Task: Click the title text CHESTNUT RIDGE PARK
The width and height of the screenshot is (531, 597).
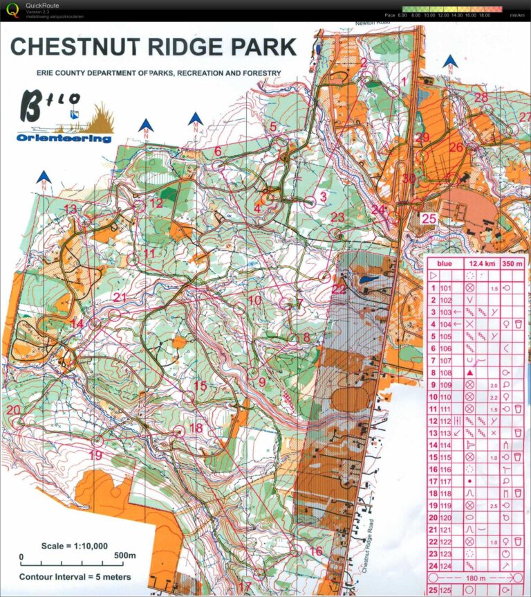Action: pyautogui.click(x=153, y=47)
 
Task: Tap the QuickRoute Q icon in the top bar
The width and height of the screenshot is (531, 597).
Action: pyautogui.click(x=11, y=10)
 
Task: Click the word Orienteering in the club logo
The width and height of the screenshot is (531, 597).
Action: pyautogui.click(x=64, y=138)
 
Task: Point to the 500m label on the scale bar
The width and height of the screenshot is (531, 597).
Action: pyautogui.click(x=125, y=555)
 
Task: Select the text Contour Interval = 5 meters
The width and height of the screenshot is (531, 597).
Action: pyautogui.click(x=75, y=576)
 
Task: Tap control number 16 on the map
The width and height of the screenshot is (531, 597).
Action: pyautogui.click(x=315, y=551)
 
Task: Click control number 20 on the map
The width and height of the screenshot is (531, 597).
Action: pyautogui.click(x=13, y=410)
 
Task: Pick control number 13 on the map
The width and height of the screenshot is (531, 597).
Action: pyautogui.click(x=70, y=209)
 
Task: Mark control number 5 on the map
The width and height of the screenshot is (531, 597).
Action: pyautogui.click(x=273, y=126)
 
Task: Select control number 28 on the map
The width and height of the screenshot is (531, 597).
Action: pyautogui.click(x=481, y=97)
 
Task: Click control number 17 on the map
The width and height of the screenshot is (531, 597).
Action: pyautogui.click(x=244, y=586)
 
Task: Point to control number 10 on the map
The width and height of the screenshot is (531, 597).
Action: pyautogui.click(x=254, y=300)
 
